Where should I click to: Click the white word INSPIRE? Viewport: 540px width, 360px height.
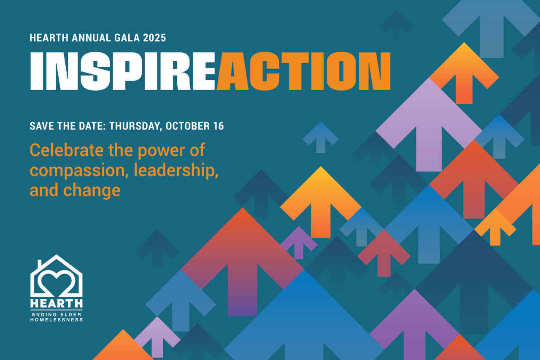tap(122, 71)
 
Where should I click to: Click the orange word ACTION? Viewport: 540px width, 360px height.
tap(304, 71)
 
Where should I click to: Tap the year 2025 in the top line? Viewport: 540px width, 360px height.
tap(154, 38)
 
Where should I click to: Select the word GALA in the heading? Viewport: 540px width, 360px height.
tap(127, 38)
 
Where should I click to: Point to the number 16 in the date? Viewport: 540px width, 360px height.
tap(219, 126)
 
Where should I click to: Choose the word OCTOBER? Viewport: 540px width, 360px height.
tap(188, 126)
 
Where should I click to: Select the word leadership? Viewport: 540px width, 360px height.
tap(176, 170)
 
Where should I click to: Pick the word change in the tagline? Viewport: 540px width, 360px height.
tap(92, 190)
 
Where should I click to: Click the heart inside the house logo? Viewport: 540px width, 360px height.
tap(56, 283)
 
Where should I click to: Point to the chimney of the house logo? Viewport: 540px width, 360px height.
tap(40, 264)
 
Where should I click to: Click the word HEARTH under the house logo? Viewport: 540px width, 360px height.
tap(57, 303)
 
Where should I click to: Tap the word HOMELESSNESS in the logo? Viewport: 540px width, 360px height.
tap(57, 320)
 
